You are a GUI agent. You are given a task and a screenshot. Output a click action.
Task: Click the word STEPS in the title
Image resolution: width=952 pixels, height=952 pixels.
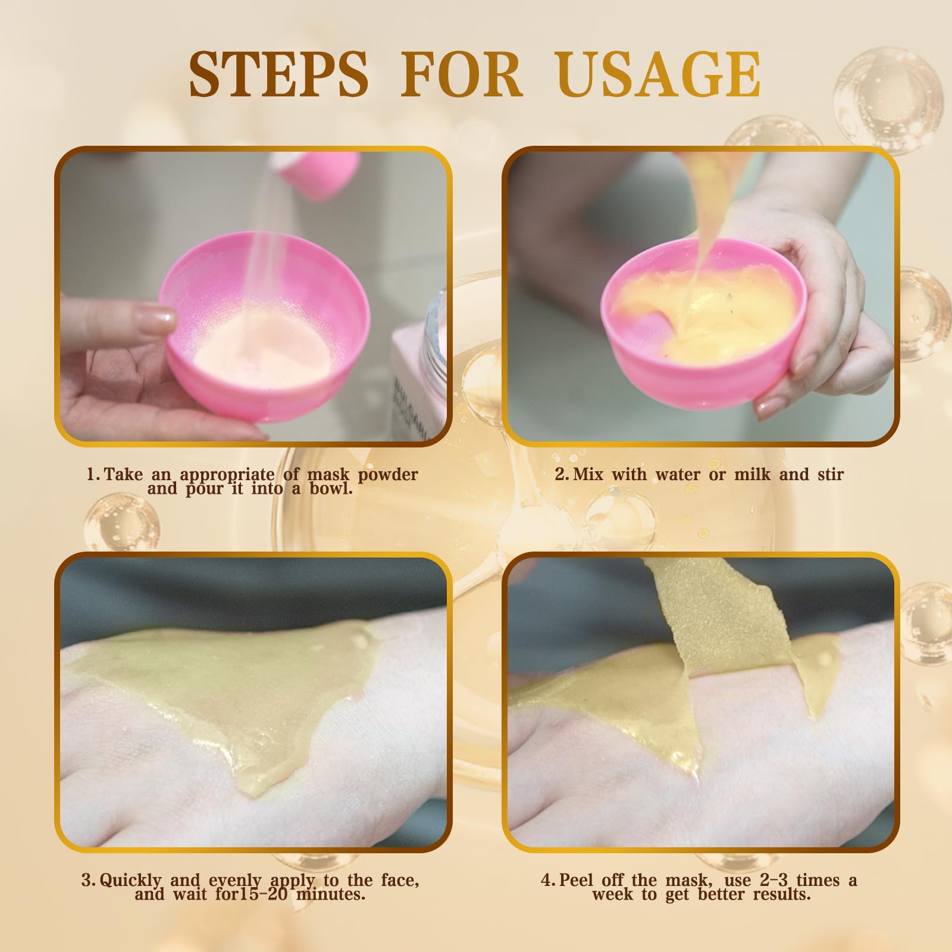(x=279, y=74)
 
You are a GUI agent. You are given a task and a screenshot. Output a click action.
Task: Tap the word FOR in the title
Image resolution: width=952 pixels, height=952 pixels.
(x=462, y=74)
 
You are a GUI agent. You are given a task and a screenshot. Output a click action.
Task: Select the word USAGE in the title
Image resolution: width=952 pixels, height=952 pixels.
(x=659, y=74)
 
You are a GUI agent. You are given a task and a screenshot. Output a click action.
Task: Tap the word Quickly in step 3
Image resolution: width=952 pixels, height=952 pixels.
(x=130, y=881)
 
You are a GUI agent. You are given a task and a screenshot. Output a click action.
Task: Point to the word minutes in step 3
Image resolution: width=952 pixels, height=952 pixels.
(x=331, y=894)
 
